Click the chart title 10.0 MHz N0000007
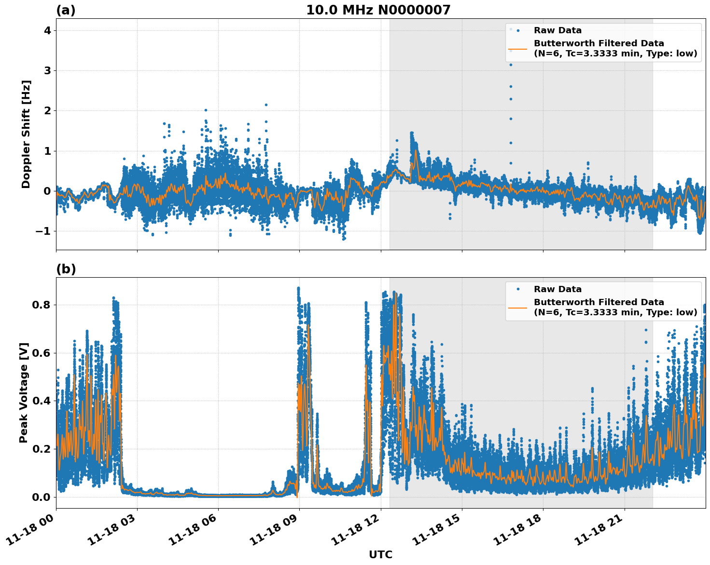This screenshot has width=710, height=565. pyautogui.click(x=378, y=10)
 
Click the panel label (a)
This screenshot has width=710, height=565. pyautogui.click(x=66, y=10)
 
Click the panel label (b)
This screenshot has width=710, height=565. pyautogui.click(x=66, y=269)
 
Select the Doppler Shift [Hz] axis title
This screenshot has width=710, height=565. pyautogui.click(x=26, y=134)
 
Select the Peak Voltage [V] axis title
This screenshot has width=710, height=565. pyautogui.click(x=24, y=392)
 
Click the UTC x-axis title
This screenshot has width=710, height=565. pyautogui.click(x=380, y=554)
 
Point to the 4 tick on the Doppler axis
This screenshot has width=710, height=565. pyautogui.click(x=47, y=30)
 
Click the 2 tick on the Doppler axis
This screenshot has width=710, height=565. pyautogui.click(x=47, y=111)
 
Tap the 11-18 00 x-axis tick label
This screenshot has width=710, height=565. pyautogui.click(x=31, y=530)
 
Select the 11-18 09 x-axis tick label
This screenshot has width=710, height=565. pyautogui.click(x=275, y=530)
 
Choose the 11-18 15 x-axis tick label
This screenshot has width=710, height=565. pyautogui.click(x=438, y=530)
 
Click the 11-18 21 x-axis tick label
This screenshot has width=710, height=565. pyautogui.click(x=600, y=530)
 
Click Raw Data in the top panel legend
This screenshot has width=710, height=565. pyautogui.click(x=557, y=30)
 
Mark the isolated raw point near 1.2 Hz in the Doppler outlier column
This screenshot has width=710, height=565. pyautogui.click(x=511, y=143)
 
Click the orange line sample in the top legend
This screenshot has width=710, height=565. pyautogui.click(x=518, y=48)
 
